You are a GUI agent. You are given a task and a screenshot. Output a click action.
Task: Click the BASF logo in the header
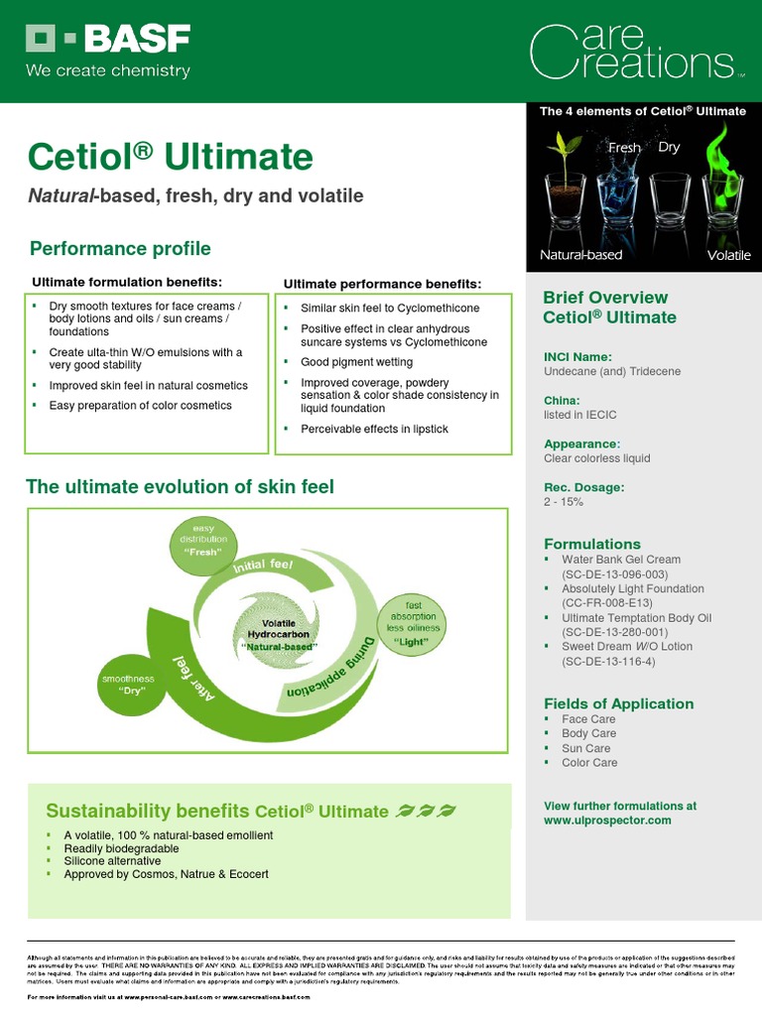click(x=107, y=40)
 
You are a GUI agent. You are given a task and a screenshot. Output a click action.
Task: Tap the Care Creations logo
click(x=635, y=52)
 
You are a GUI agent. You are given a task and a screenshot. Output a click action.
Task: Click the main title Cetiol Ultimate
click(x=171, y=157)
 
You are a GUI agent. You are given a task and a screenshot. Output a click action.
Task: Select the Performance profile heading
click(x=120, y=248)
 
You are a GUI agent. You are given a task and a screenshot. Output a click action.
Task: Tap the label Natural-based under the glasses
click(x=580, y=255)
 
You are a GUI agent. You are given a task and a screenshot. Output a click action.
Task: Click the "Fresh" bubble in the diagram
click(x=203, y=540)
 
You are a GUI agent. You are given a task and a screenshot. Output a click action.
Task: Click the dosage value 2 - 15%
click(x=564, y=502)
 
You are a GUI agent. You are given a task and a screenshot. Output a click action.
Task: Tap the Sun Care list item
click(x=585, y=748)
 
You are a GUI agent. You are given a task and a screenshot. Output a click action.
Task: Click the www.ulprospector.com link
click(x=607, y=821)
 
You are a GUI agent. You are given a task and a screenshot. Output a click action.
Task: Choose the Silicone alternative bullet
click(x=112, y=861)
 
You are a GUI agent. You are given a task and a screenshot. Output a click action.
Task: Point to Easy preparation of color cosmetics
click(x=140, y=406)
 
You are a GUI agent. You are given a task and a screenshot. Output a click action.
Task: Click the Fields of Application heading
click(x=618, y=704)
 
